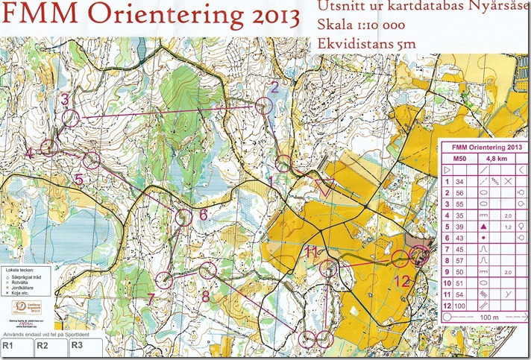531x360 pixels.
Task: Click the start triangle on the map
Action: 325,188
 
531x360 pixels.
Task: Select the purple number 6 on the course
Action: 203,215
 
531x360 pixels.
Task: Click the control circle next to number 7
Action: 163,281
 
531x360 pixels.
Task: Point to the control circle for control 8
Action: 207,270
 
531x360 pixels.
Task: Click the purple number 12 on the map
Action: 403,281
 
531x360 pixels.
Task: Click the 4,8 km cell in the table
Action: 496,158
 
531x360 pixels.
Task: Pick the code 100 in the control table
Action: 459,306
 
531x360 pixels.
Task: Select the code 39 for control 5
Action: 459,226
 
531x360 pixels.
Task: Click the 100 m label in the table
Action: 485,318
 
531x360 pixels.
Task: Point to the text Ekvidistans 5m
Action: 365,45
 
